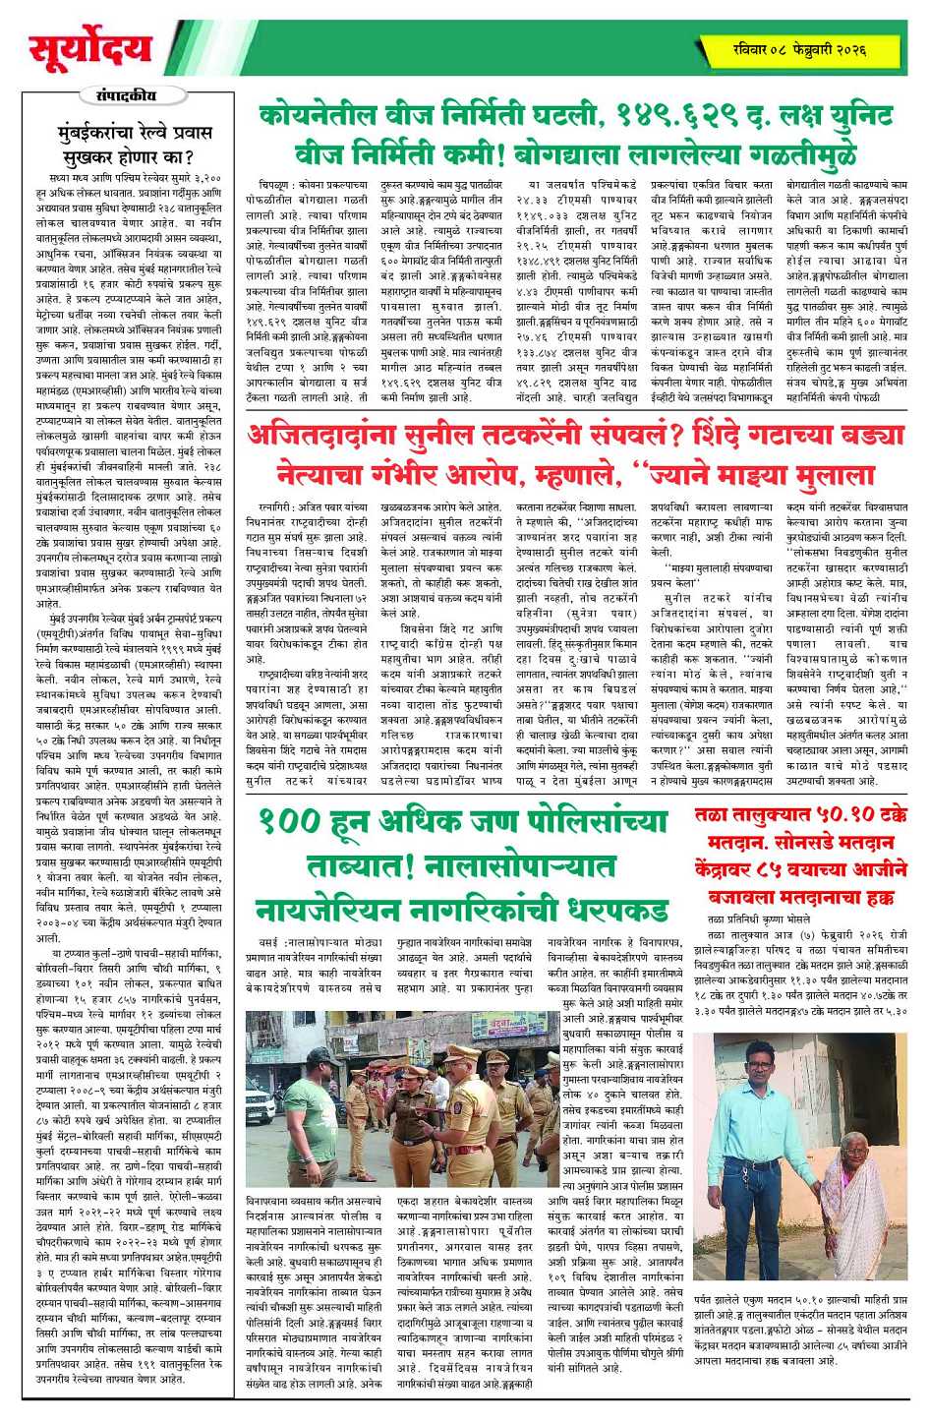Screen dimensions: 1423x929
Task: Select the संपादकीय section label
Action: [x=127, y=95]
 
